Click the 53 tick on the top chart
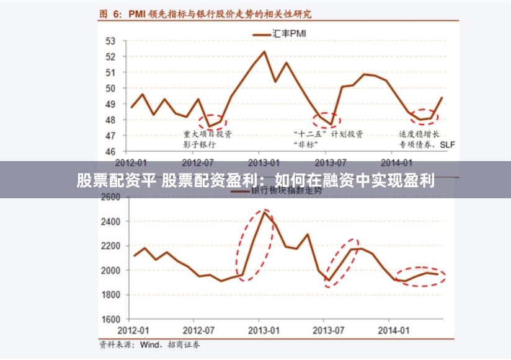[111, 41]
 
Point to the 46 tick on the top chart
[111, 151]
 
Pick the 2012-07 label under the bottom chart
[198, 330]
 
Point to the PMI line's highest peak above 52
[265, 51]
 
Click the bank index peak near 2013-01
[264, 213]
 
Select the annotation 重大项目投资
[207, 134]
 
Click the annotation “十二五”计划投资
[327, 134]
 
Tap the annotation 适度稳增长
[419, 134]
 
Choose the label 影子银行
[199, 144]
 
